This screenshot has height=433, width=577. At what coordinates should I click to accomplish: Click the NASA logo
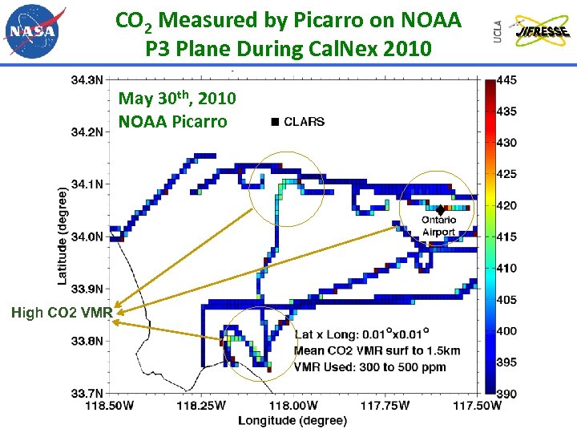33,31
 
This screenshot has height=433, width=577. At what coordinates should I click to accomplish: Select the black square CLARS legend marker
275,122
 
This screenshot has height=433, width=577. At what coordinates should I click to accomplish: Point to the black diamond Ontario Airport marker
440,209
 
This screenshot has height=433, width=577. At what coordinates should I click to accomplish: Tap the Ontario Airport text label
438,226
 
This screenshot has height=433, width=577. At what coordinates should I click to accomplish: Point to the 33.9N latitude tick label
87,289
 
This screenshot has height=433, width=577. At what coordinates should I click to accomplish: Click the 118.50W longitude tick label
111,406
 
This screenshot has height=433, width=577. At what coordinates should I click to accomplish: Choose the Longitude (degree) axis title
292,420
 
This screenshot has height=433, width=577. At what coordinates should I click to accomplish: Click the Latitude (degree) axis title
62,236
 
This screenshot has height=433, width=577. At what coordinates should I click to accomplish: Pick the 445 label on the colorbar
507,80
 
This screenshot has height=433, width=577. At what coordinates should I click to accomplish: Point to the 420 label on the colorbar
507,205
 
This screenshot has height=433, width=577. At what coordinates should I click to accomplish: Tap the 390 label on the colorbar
507,393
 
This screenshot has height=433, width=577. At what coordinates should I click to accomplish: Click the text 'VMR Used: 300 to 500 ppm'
370,367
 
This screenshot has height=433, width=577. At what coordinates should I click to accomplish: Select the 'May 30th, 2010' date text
177,99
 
